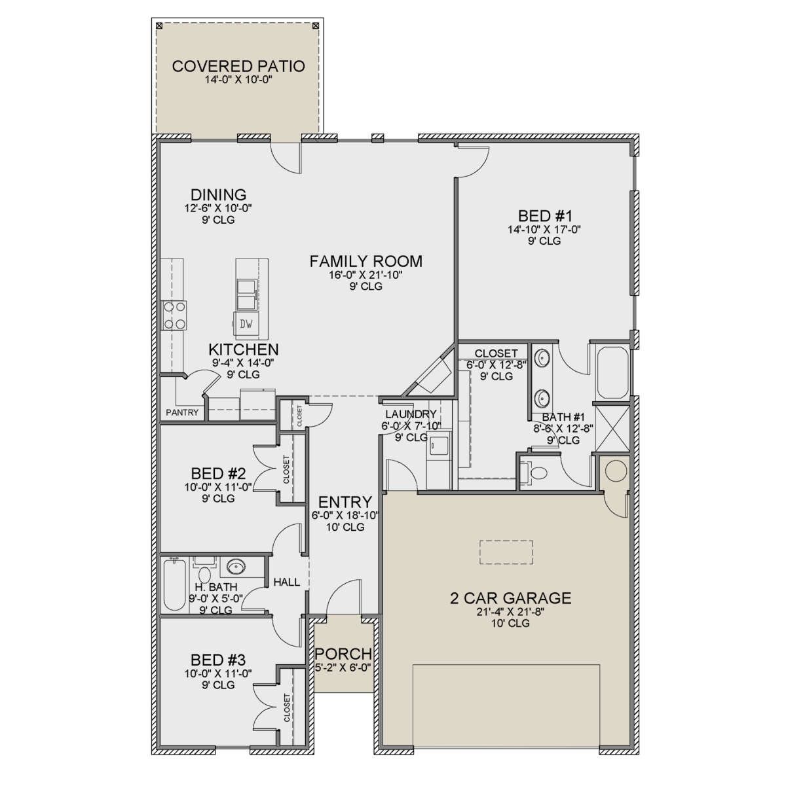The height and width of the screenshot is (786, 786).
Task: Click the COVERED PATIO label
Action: point(238,66)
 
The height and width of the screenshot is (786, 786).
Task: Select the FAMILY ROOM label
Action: point(366,262)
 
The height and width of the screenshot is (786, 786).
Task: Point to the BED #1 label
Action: point(545,215)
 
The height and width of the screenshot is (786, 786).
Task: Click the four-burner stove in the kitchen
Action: point(174,315)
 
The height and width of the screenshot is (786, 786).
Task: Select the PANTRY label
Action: point(182,412)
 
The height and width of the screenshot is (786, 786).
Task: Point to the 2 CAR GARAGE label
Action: point(511,598)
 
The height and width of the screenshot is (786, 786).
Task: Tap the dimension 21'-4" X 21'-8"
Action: point(511,612)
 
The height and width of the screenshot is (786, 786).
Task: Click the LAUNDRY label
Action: point(411,414)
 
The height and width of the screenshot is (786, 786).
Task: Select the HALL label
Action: point(287,582)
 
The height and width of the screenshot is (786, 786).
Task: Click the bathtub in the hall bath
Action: point(174,585)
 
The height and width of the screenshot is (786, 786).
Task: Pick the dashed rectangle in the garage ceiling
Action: point(506,552)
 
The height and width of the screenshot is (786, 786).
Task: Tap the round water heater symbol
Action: point(616,471)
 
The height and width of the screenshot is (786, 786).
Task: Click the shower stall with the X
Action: point(612,427)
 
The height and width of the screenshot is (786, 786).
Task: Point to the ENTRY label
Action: point(345,502)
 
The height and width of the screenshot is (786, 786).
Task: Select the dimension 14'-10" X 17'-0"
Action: point(544,229)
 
